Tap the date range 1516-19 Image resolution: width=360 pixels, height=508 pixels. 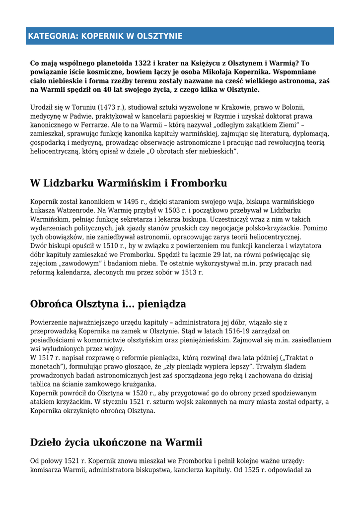tap(219, 331)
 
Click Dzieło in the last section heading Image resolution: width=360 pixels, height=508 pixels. tap(48, 443)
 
